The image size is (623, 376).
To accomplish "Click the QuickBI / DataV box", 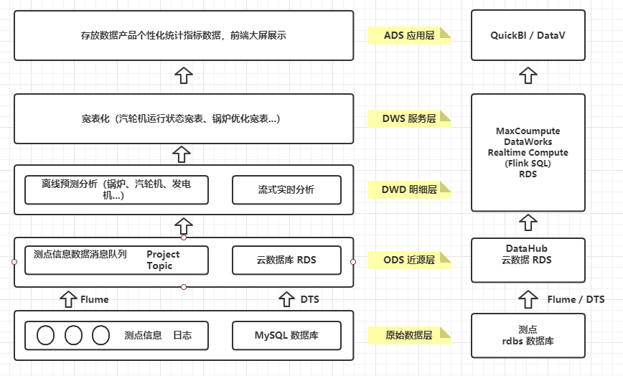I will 528,35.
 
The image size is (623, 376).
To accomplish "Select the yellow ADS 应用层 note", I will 409,35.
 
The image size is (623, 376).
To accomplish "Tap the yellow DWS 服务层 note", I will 409,118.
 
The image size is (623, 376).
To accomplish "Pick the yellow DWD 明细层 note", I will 409,189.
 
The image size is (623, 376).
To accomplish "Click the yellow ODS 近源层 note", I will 409,260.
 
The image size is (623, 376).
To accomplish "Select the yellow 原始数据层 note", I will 409,335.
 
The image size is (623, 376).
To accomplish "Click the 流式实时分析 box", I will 286,189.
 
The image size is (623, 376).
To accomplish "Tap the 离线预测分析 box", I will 116,189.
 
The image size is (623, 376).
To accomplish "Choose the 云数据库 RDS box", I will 286,260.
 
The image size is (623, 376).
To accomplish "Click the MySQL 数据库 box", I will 286,335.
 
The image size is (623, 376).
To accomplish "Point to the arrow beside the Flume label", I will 67,299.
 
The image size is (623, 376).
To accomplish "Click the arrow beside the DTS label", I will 287,299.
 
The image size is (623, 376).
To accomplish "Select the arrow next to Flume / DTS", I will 528,299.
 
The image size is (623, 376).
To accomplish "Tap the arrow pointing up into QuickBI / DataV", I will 528,75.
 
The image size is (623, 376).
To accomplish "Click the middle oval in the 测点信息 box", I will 73,335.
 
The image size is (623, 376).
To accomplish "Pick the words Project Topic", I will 163,260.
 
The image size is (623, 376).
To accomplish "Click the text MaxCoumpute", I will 528,131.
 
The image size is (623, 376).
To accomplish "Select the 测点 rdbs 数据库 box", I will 528,335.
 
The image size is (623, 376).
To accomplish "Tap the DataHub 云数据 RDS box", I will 528,255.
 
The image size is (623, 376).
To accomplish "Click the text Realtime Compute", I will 528,153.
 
